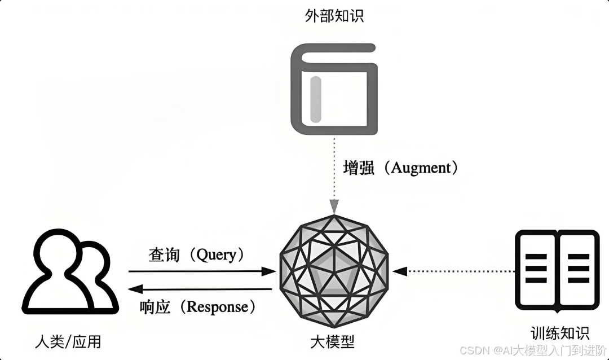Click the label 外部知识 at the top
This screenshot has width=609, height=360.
pyautogui.click(x=334, y=15)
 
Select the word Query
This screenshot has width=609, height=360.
pyautogui.click(x=216, y=254)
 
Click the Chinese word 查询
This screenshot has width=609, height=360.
pyautogui.click(x=164, y=254)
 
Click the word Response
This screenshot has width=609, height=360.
pyautogui.click(x=217, y=307)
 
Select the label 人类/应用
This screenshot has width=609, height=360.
pyautogui.click(x=68, y=341)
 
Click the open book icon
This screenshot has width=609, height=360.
pyautogui.click(x=557, y=270)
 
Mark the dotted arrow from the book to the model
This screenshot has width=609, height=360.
pyautogui.click(x=454, y=271)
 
